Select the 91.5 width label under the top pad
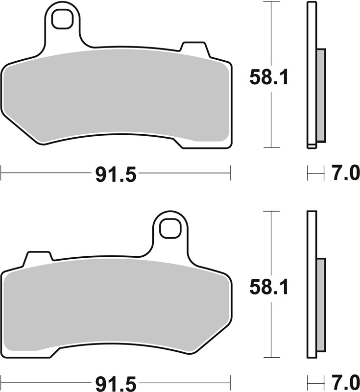pyautogui.click(x=115, y=173)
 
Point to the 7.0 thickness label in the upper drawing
pyautogui.click(x=345, y=173)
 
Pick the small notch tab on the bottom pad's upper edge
pyautogui.click(x=38, y=256)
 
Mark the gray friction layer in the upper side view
pyautogui.click(x=321, y=96)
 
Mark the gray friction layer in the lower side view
pyautogui.click(x=321, y=305)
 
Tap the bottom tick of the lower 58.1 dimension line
pyautogui.click(x=271, y=357)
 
